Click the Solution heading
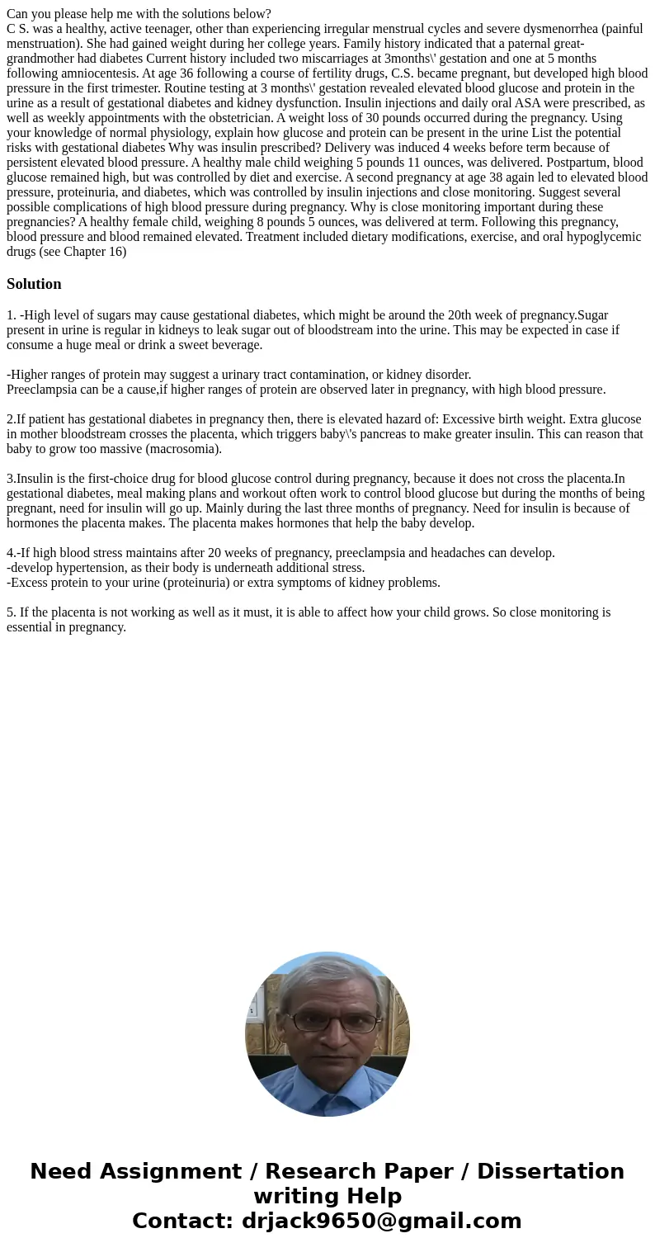[x=34, y=284]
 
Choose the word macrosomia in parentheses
[x=187, y=449]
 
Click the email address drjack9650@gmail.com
[x=381, y=1222]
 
